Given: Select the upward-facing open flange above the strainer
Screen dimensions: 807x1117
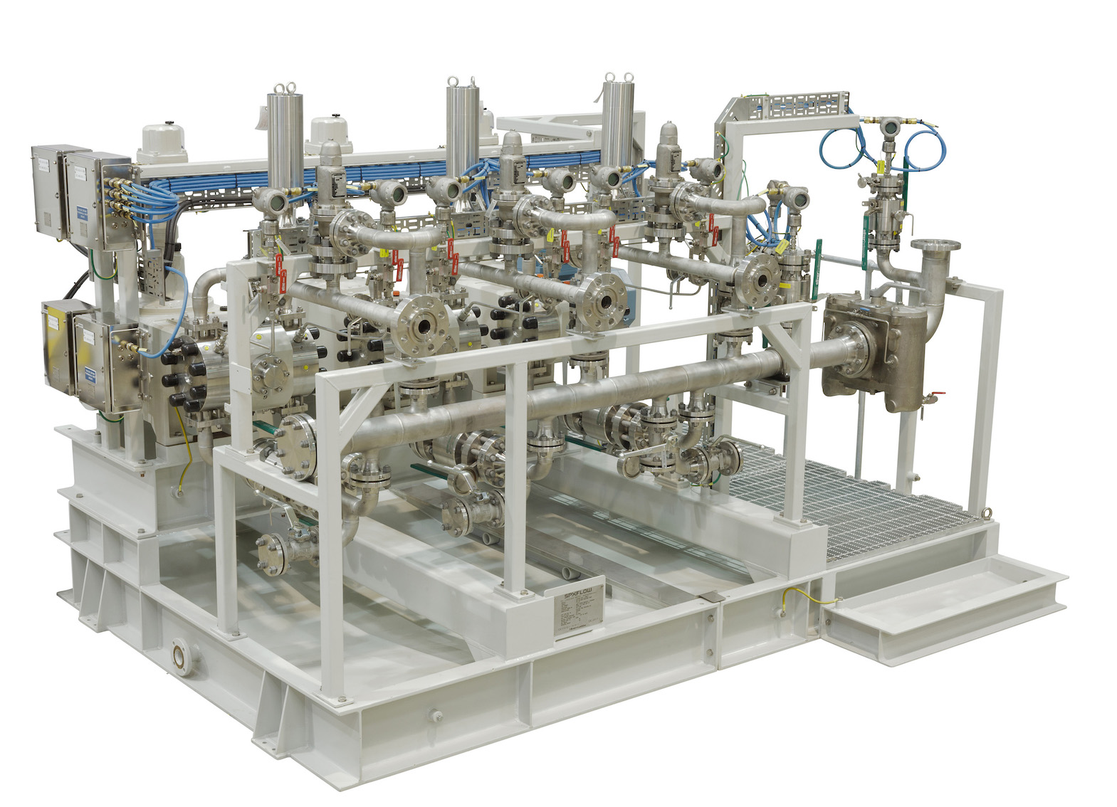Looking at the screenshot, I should pos(932,248).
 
